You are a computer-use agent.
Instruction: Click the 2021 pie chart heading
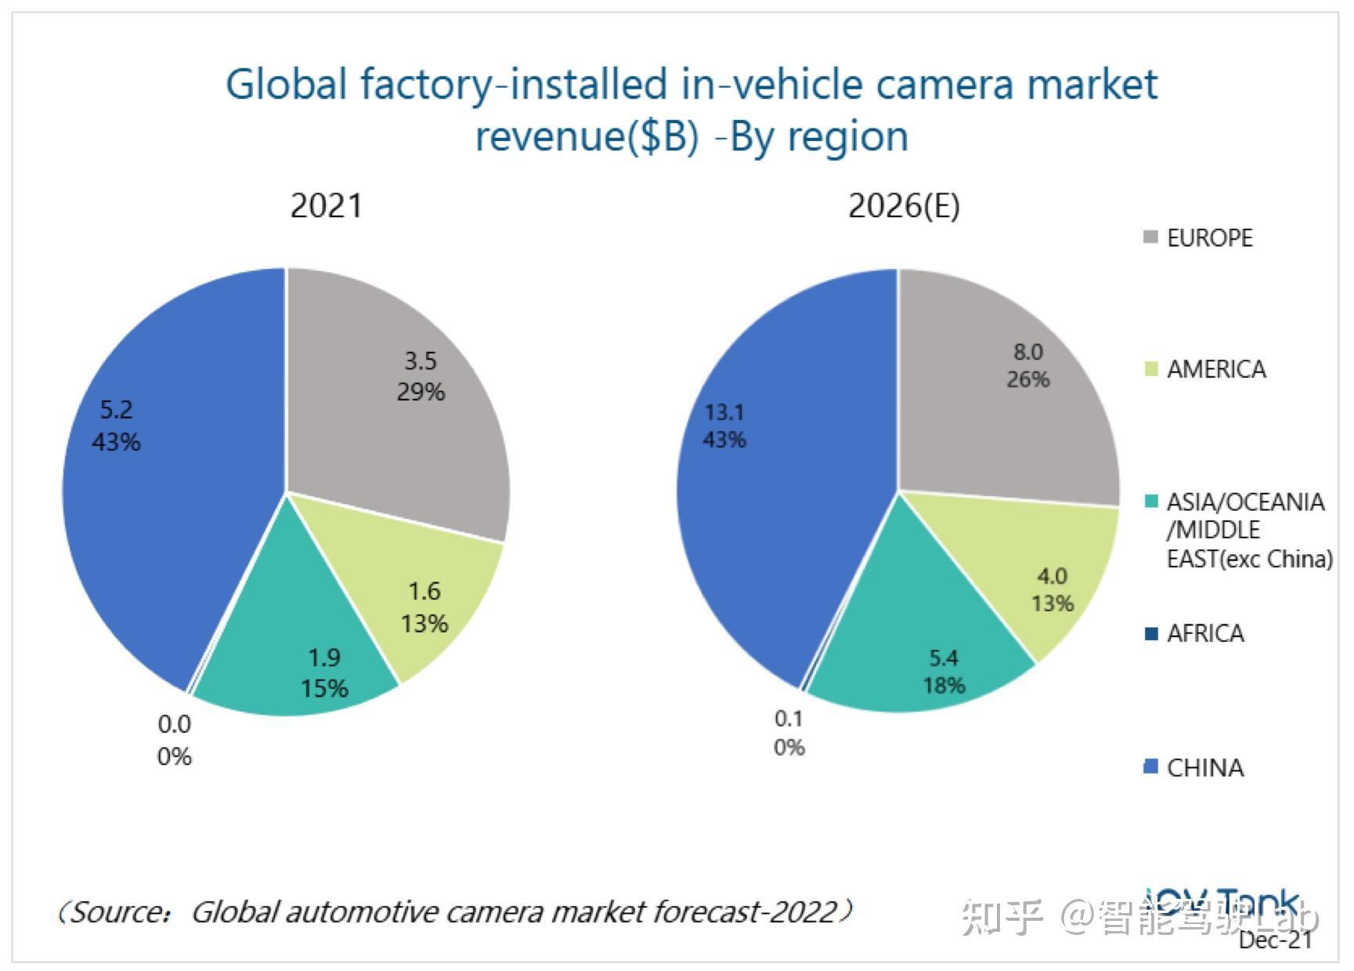[326, 206]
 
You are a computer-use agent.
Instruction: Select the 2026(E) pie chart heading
[904, 206]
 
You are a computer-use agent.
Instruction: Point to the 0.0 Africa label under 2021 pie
[174, 725]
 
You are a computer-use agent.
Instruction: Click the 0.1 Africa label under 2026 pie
[789, 719]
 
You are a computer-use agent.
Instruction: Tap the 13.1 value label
[724, 412]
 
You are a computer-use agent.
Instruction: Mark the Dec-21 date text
[1275, 940]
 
